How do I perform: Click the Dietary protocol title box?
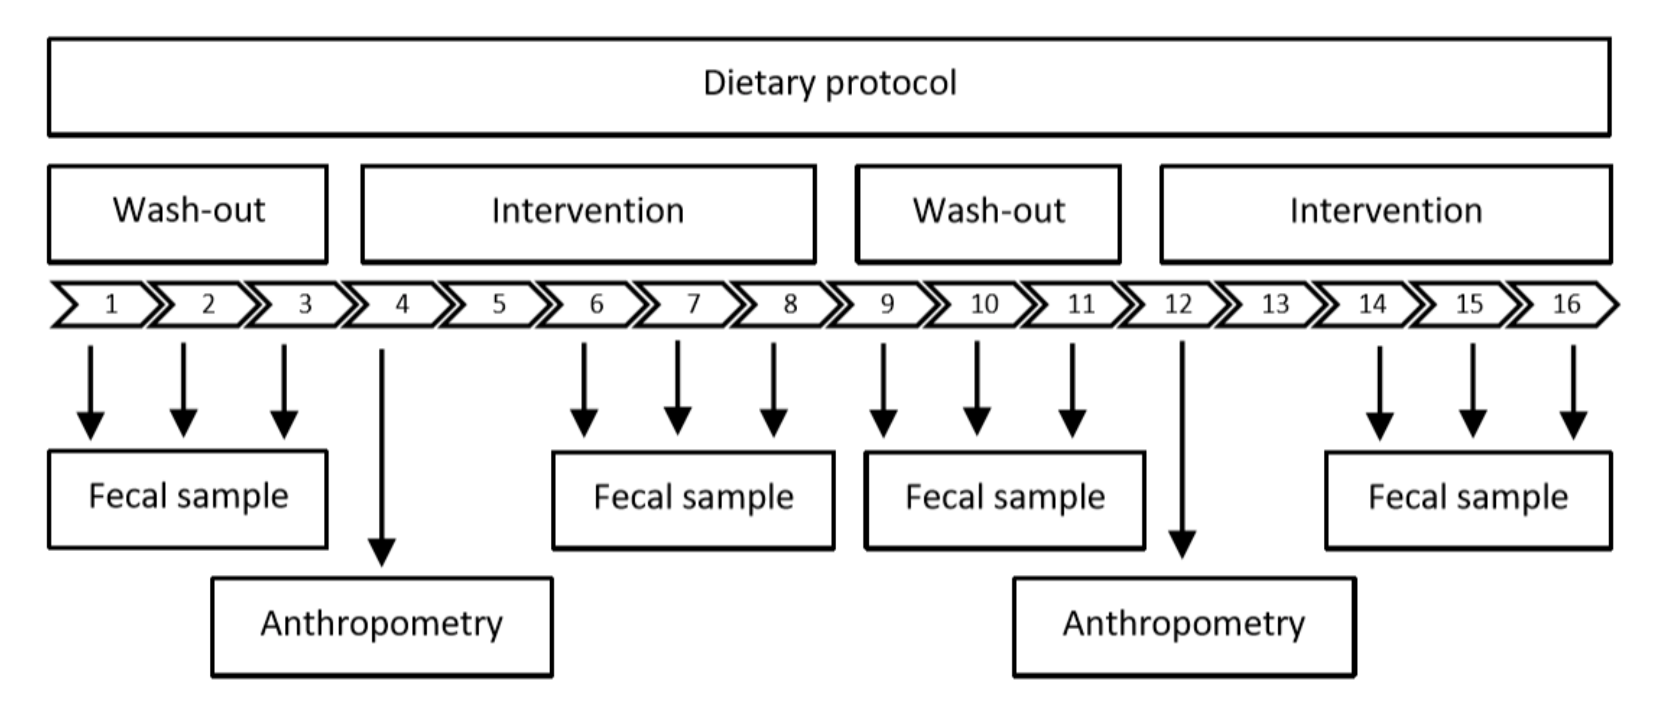tap(829, 87)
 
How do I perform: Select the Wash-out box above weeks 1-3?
tap(188, 214)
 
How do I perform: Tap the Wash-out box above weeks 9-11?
tap(988, 214)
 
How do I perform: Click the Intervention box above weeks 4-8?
tap(588, 214)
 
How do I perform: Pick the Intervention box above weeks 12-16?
tap(1386, 214)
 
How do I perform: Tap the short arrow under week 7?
tap(678, 386)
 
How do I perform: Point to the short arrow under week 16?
tap(1573, 389)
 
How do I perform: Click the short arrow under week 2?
tap(184, 386)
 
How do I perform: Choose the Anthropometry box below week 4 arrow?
tap(382, 626)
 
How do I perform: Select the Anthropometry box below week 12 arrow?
tap(1184, 626)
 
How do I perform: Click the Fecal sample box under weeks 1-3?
tap(188, 499)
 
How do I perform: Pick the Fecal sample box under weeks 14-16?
tap(1468, 500)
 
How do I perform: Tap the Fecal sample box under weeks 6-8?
tap(693, 500)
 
